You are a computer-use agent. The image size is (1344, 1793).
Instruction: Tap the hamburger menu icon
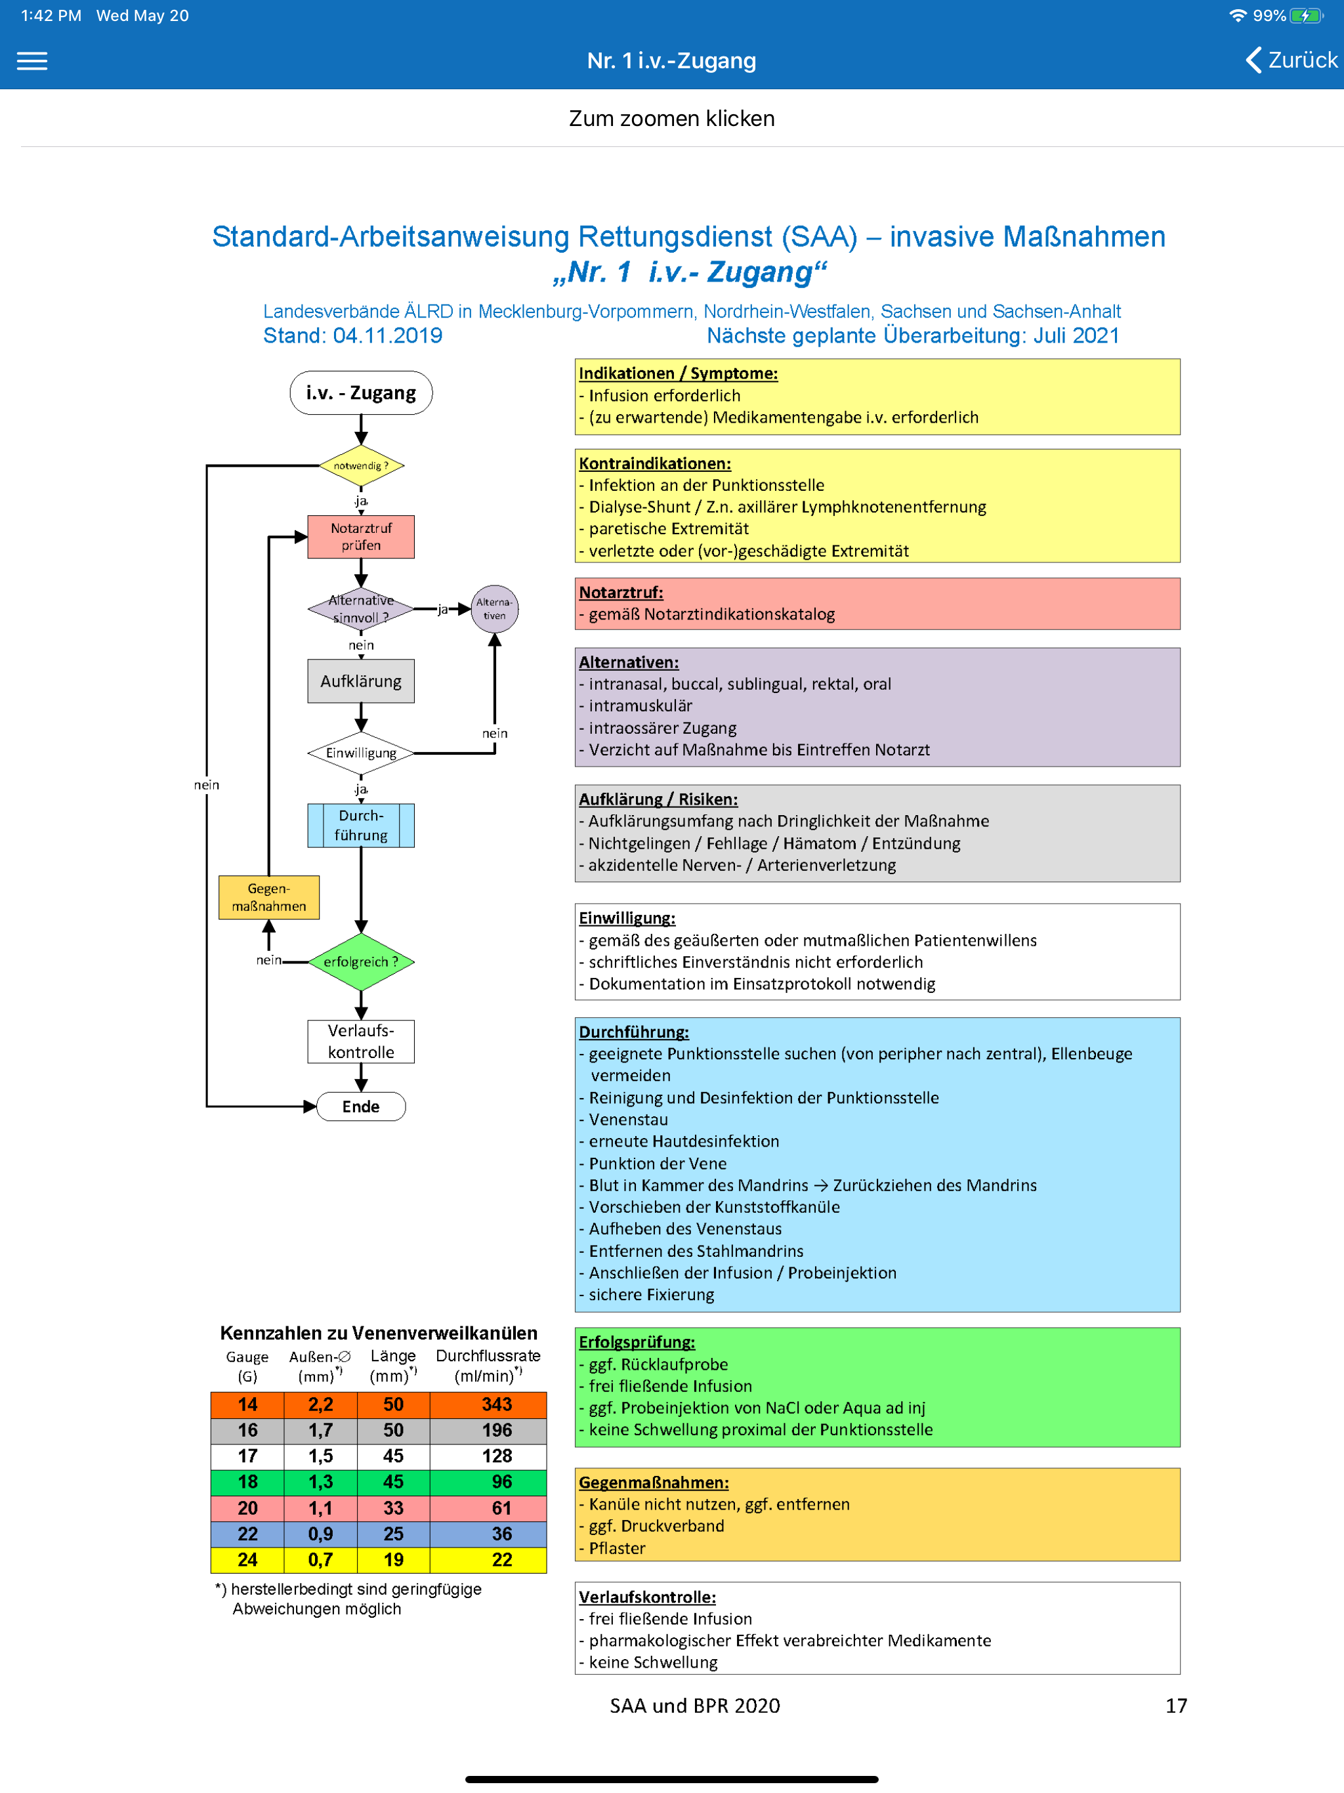coord(32,61)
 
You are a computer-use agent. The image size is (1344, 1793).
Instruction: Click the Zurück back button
coord(1291,60)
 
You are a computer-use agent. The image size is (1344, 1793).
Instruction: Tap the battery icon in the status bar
coord(1306,15)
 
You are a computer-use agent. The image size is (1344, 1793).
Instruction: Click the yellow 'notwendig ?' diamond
coord(361,466)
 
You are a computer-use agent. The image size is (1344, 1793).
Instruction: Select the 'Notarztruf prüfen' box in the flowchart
coord(361,537)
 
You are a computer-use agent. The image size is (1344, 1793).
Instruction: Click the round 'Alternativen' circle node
coord(494,609)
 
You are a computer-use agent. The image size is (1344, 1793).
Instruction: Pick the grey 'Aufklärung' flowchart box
coord(361,681)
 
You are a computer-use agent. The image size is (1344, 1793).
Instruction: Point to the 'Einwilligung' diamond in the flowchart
coord(361,753)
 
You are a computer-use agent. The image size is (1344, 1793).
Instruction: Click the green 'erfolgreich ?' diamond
coord(361,962)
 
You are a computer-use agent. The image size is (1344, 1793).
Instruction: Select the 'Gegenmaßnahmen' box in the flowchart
coord(269,897)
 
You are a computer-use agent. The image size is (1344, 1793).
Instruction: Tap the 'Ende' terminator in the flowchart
coord(361,1107)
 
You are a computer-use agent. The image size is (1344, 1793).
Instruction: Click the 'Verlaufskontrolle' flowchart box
coord(361,1042)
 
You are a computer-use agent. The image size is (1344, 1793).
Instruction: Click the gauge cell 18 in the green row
coord(247,1483)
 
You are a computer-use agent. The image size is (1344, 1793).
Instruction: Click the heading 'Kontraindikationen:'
coord(655,463)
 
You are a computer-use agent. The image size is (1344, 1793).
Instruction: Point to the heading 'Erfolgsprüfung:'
coord(637,1342)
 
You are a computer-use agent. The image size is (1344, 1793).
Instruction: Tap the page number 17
coord(1176,1706)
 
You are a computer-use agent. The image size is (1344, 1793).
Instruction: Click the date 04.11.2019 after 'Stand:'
coord(387,335)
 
